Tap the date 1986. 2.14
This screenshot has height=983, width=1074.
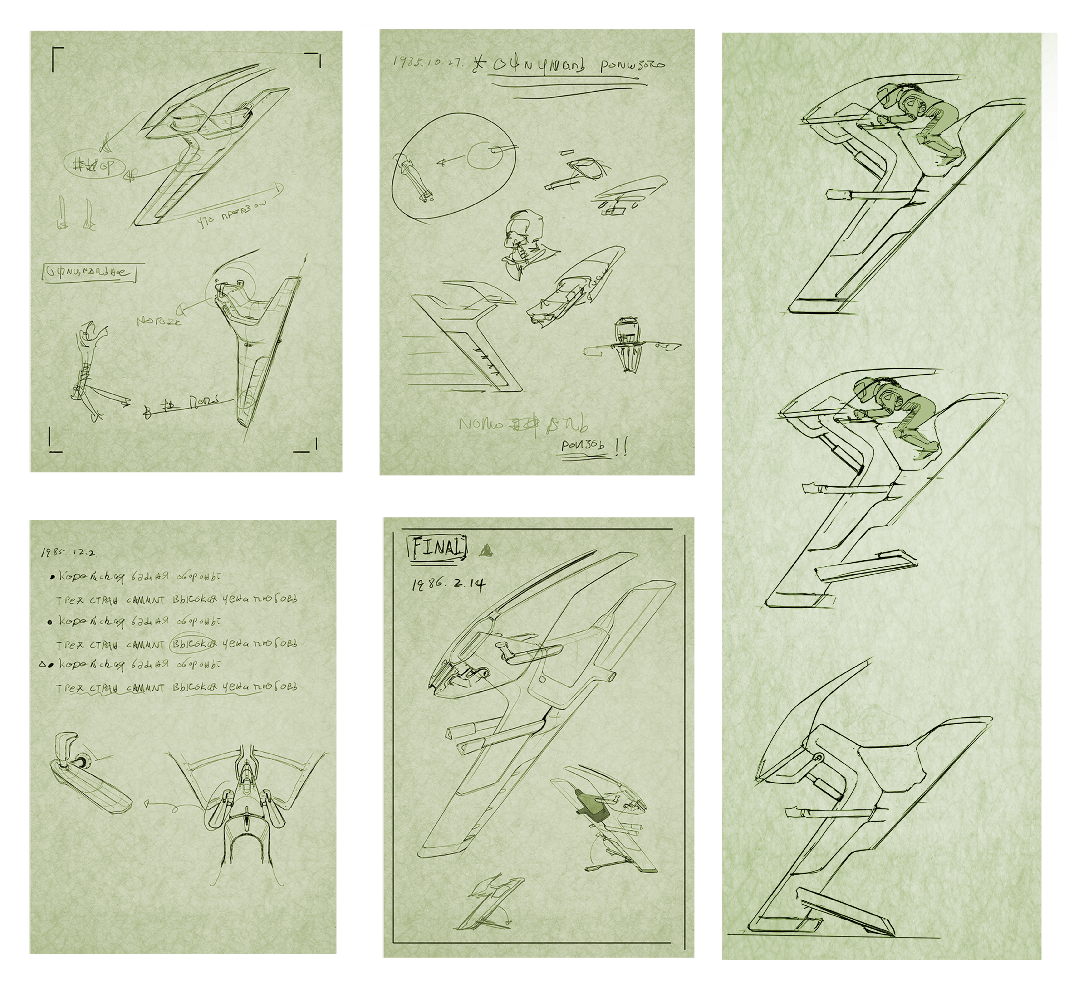449,584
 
